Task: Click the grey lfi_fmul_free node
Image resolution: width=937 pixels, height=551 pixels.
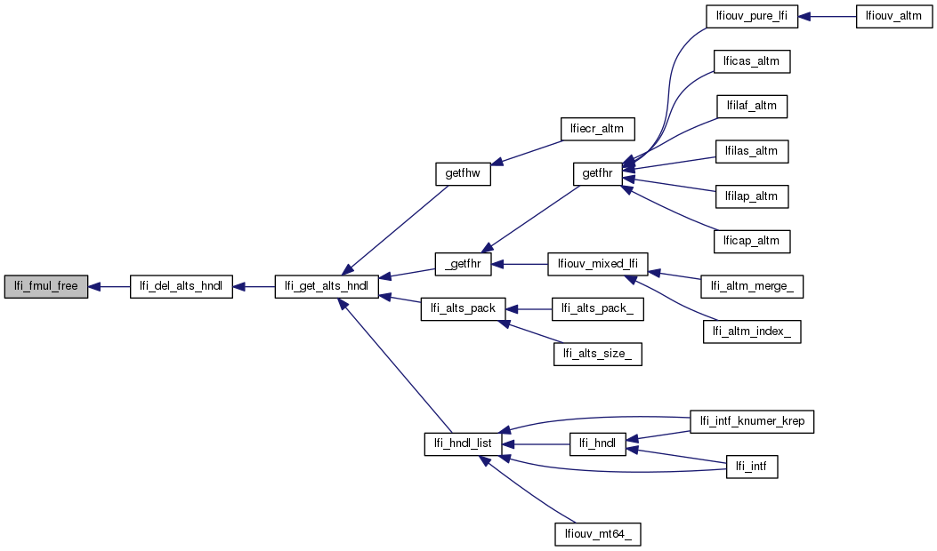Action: [x=46, y=286]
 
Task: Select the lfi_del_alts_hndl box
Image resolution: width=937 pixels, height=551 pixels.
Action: [x=182, y=286]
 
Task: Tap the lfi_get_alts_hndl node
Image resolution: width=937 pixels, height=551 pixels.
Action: [x=327, y=286]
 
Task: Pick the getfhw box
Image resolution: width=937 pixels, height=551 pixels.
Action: [x=463, y=173]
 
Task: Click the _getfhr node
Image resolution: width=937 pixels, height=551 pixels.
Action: [x=464, y=264]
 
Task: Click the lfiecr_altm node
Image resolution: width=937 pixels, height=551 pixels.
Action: [x=597, y=128]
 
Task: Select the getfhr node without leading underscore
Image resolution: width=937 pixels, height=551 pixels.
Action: [x=597, y=173]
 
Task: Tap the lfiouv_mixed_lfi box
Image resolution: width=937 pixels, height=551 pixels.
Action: [x=597, y=264]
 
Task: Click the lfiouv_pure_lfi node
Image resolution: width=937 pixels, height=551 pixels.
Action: [x=751, y=17]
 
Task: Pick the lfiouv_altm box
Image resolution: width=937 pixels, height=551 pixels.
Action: [x=894, y=17]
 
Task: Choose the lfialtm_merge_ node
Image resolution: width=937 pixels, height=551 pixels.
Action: [x=753, y=286]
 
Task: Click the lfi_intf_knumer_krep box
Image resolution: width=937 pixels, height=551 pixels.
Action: [x=753, y=421]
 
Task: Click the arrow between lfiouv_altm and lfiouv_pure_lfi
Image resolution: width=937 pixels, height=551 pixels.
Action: [x=827, y=17]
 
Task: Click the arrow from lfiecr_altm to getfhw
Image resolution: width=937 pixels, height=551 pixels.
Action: [x=525, y=152]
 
